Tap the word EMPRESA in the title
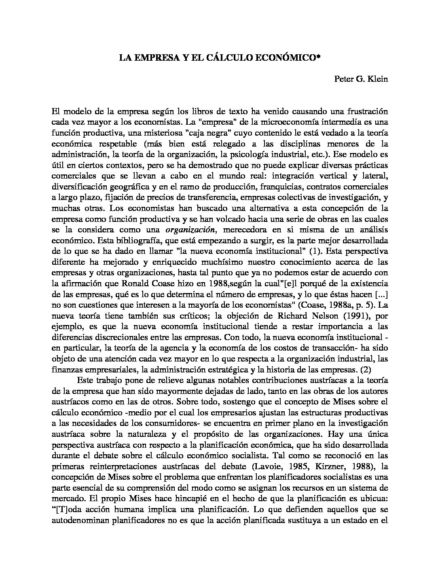155,58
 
